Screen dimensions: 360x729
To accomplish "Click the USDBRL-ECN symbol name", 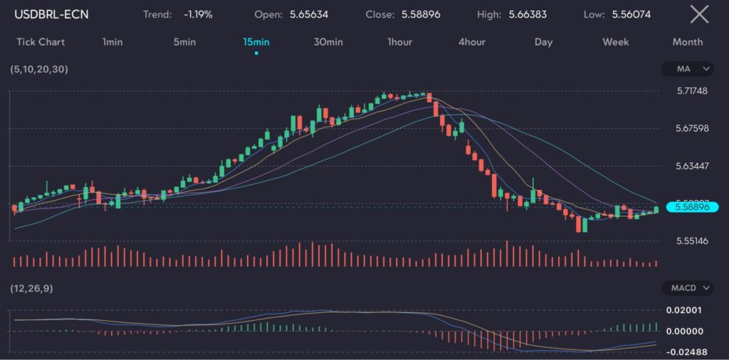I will [51, 14].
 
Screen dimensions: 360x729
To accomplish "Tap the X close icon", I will [700, 14].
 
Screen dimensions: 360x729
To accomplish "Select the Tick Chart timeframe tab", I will [41, 42].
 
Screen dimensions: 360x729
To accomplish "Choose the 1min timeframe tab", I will [112, 42].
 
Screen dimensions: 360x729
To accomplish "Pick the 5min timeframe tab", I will [184, 42].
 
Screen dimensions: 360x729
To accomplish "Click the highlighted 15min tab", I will [256, 42].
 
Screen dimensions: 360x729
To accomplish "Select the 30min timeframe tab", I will [328, 42].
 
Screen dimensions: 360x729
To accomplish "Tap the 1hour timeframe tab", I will [400, 42].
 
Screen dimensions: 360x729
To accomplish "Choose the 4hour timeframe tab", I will [472, 42].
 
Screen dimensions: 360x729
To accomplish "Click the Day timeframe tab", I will [544, 42].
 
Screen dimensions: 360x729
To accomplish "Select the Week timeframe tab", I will [616, 42].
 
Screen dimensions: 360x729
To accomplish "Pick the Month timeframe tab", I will [688, 42].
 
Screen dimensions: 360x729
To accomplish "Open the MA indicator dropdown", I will [687, 69].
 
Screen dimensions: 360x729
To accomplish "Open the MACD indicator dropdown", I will [687, 288].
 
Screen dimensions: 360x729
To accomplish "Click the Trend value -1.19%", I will [198, 14].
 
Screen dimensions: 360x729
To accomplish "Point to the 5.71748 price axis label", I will [692, 91].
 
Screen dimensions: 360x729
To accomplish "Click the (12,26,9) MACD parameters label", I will [31, 288].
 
